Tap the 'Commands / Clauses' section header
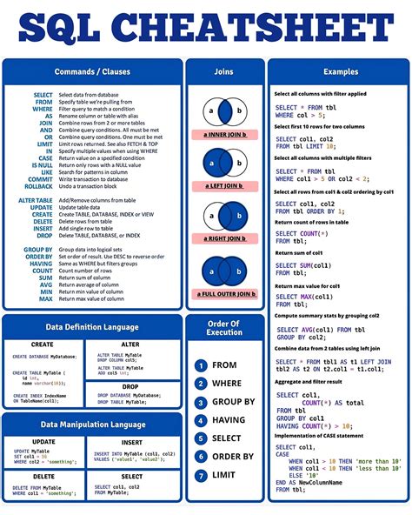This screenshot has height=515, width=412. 92,71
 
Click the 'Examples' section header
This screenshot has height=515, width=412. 340,71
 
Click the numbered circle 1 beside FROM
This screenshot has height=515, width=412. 201,365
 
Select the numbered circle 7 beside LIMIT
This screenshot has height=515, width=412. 201,475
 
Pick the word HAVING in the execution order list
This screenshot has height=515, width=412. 229,420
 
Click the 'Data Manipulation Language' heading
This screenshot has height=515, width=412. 92,425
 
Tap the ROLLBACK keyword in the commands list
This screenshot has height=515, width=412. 38,185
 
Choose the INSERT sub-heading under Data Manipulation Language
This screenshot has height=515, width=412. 131,441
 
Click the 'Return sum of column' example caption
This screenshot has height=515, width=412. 301,252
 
